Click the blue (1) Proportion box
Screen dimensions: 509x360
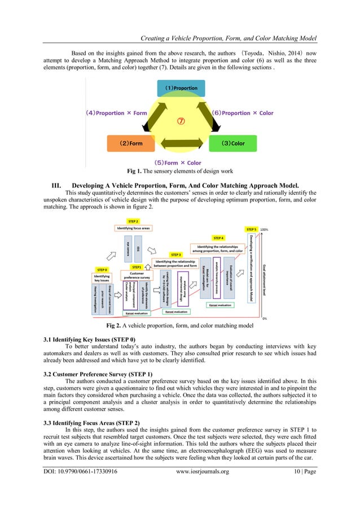[181, 88]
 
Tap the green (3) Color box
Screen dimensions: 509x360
[231, 143]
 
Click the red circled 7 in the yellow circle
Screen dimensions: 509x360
[181, 121]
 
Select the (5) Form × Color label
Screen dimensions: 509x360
[179, 163]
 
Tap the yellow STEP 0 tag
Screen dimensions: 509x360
[102, 270]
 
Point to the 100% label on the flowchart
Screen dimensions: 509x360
[264, 230]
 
